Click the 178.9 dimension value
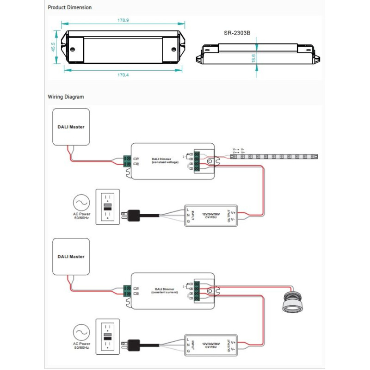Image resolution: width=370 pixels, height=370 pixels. click(123, 20)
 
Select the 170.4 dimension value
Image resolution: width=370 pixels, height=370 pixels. click(123, 74)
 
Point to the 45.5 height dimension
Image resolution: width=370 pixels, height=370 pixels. click(54, 47)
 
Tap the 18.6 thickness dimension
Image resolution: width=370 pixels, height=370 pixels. click(254, 58)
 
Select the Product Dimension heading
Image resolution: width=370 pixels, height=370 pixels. click(70, 7)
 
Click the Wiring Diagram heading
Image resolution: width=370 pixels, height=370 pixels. click(66, 97)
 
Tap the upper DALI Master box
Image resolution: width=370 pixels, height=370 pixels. click(71, 126)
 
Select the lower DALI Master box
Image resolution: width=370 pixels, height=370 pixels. click(71, 256)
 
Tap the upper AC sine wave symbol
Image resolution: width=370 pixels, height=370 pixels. click(81, 203)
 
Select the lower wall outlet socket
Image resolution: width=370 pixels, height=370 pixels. click(107, 336)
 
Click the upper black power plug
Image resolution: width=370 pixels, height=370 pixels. click(134, 215)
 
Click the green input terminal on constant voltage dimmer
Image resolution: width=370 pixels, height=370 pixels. click(127, 161)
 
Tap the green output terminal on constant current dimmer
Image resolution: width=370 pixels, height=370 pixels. click(196, 291)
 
